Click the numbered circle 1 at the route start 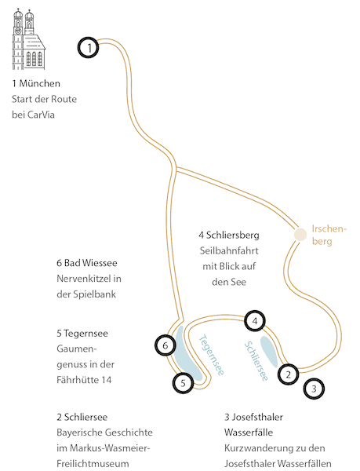[x=89, y=47]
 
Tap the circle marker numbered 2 [x=289, y=374]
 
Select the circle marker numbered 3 [x=314, y=389]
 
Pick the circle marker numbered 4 [x=255, y=321]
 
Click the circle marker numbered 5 [x=183, y=383]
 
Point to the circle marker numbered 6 [x=165, y=345]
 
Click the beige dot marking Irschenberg [x=300, y=235]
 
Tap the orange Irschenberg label [x=329, y=235]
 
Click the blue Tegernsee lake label [x=212, y=355]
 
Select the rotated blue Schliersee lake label [x=256, y=361]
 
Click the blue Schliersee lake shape [x=269, y=351]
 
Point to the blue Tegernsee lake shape [x=187, y=355]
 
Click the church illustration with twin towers [x=28, y=39]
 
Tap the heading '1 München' [x=36, y=83]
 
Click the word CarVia [x=41, y=115]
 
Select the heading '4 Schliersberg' [x=229, y=235]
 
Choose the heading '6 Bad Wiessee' [x=87, y=263]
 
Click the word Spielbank [x=94, y=294]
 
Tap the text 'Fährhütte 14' [x=84, y=380]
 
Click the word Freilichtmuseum [x=93, y=463]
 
